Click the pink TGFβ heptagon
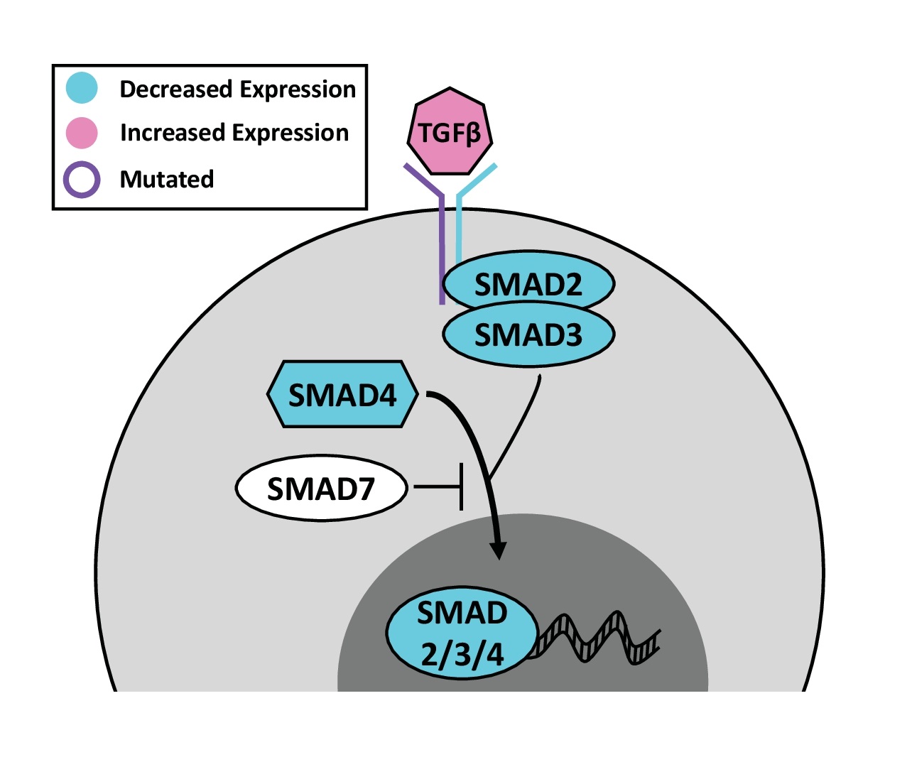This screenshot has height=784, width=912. pyautogui.click(x=450, y=131)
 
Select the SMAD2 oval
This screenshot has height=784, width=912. pyautogui.click(x=528, y=283)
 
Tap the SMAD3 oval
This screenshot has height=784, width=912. pyautogui.click(x=528, y=334)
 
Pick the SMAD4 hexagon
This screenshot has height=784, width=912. pyautogui.click(x=342, y=394)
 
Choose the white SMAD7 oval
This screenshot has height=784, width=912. pyautogui.click(x=321, y=489)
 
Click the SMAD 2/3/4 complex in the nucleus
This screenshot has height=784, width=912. pyautogui.click(x=462, y=633)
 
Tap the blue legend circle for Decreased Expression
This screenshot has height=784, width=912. pyautogui.click(x=82, y=88)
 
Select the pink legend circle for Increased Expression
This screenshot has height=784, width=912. pyautogui.click(x=82, y=133)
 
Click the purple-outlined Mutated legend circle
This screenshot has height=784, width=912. pyautogui.click(x=82, y=180)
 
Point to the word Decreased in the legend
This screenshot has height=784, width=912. pyautogui.click(x=176, y=89)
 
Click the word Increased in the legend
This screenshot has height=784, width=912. pyautogui.click(x=173, y=133)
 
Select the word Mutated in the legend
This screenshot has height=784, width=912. pyautogui.click(x=167, y=180)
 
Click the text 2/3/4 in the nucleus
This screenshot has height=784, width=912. pyautogui.click(x=462, y=655)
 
